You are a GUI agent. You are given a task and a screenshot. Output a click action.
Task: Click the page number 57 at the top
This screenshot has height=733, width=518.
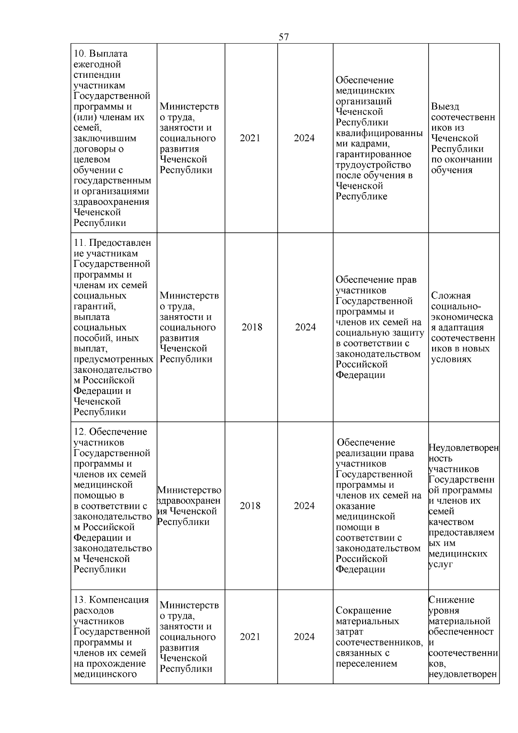[x=284, y=37]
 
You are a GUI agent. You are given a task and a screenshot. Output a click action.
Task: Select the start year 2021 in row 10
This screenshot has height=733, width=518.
[x=250, y=138]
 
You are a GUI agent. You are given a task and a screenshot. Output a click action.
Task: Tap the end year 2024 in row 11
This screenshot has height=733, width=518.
[x=305, y=327]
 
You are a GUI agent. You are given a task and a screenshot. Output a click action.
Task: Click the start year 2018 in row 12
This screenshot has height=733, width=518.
[x=250, y=506]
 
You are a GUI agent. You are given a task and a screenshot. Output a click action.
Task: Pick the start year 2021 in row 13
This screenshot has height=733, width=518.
[x=250, y=637]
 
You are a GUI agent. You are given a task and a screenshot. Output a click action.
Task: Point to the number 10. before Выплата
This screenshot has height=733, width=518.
[x=80, y=54]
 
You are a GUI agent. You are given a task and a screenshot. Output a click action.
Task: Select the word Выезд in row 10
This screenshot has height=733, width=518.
[x=445, y=107]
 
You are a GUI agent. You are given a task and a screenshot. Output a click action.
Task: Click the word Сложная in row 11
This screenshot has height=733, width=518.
[x=451, y=296]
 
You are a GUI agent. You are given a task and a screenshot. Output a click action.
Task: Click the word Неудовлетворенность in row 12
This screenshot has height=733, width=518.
[x=464, y=448]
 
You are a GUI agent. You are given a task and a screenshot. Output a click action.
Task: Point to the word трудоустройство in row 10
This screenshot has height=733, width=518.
[x=373, y=165]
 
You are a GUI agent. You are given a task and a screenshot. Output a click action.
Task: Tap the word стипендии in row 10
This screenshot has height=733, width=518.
[x=94, y=75]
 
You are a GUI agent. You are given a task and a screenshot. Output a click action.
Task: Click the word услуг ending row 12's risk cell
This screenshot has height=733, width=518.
[x=441, y=565]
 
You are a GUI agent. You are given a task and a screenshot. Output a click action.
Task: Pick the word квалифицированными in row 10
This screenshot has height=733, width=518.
[x=379, y=133]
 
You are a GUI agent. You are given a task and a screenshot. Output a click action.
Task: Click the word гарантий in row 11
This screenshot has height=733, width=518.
[x=95, y=307]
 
